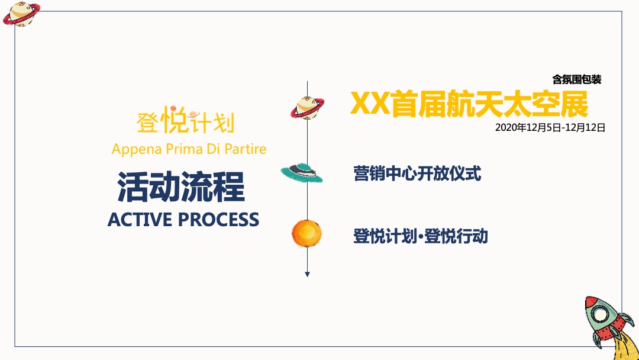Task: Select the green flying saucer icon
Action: click(302, 172)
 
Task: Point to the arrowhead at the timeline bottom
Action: click(308, 274)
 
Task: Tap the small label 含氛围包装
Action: click(576, 79)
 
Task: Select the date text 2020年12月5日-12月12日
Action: click(550, 127)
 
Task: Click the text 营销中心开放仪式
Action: click(417, 173)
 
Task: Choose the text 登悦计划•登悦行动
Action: click(420, 236)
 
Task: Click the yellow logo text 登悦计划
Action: click(185, 121)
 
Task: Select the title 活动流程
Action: click(181, 188)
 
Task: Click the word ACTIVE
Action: click(140, 220)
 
